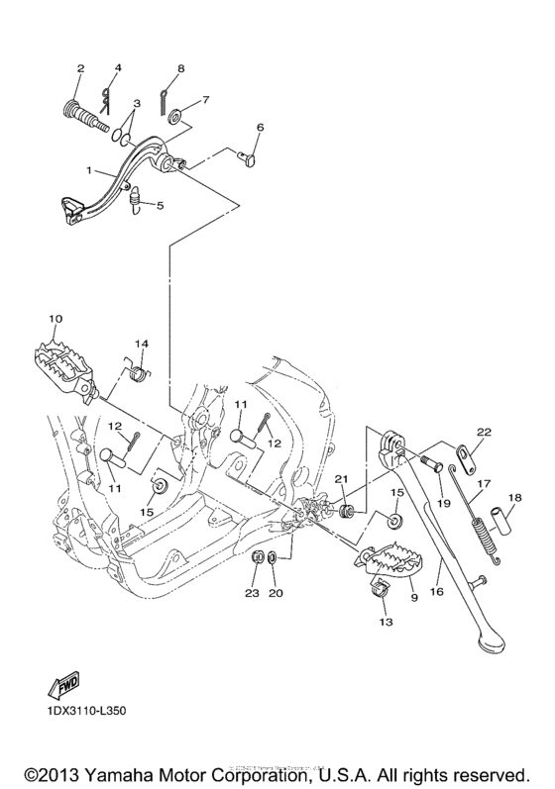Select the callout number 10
tap(55, 318)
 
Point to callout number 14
tap(142, 344)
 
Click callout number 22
tap(484, 431)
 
